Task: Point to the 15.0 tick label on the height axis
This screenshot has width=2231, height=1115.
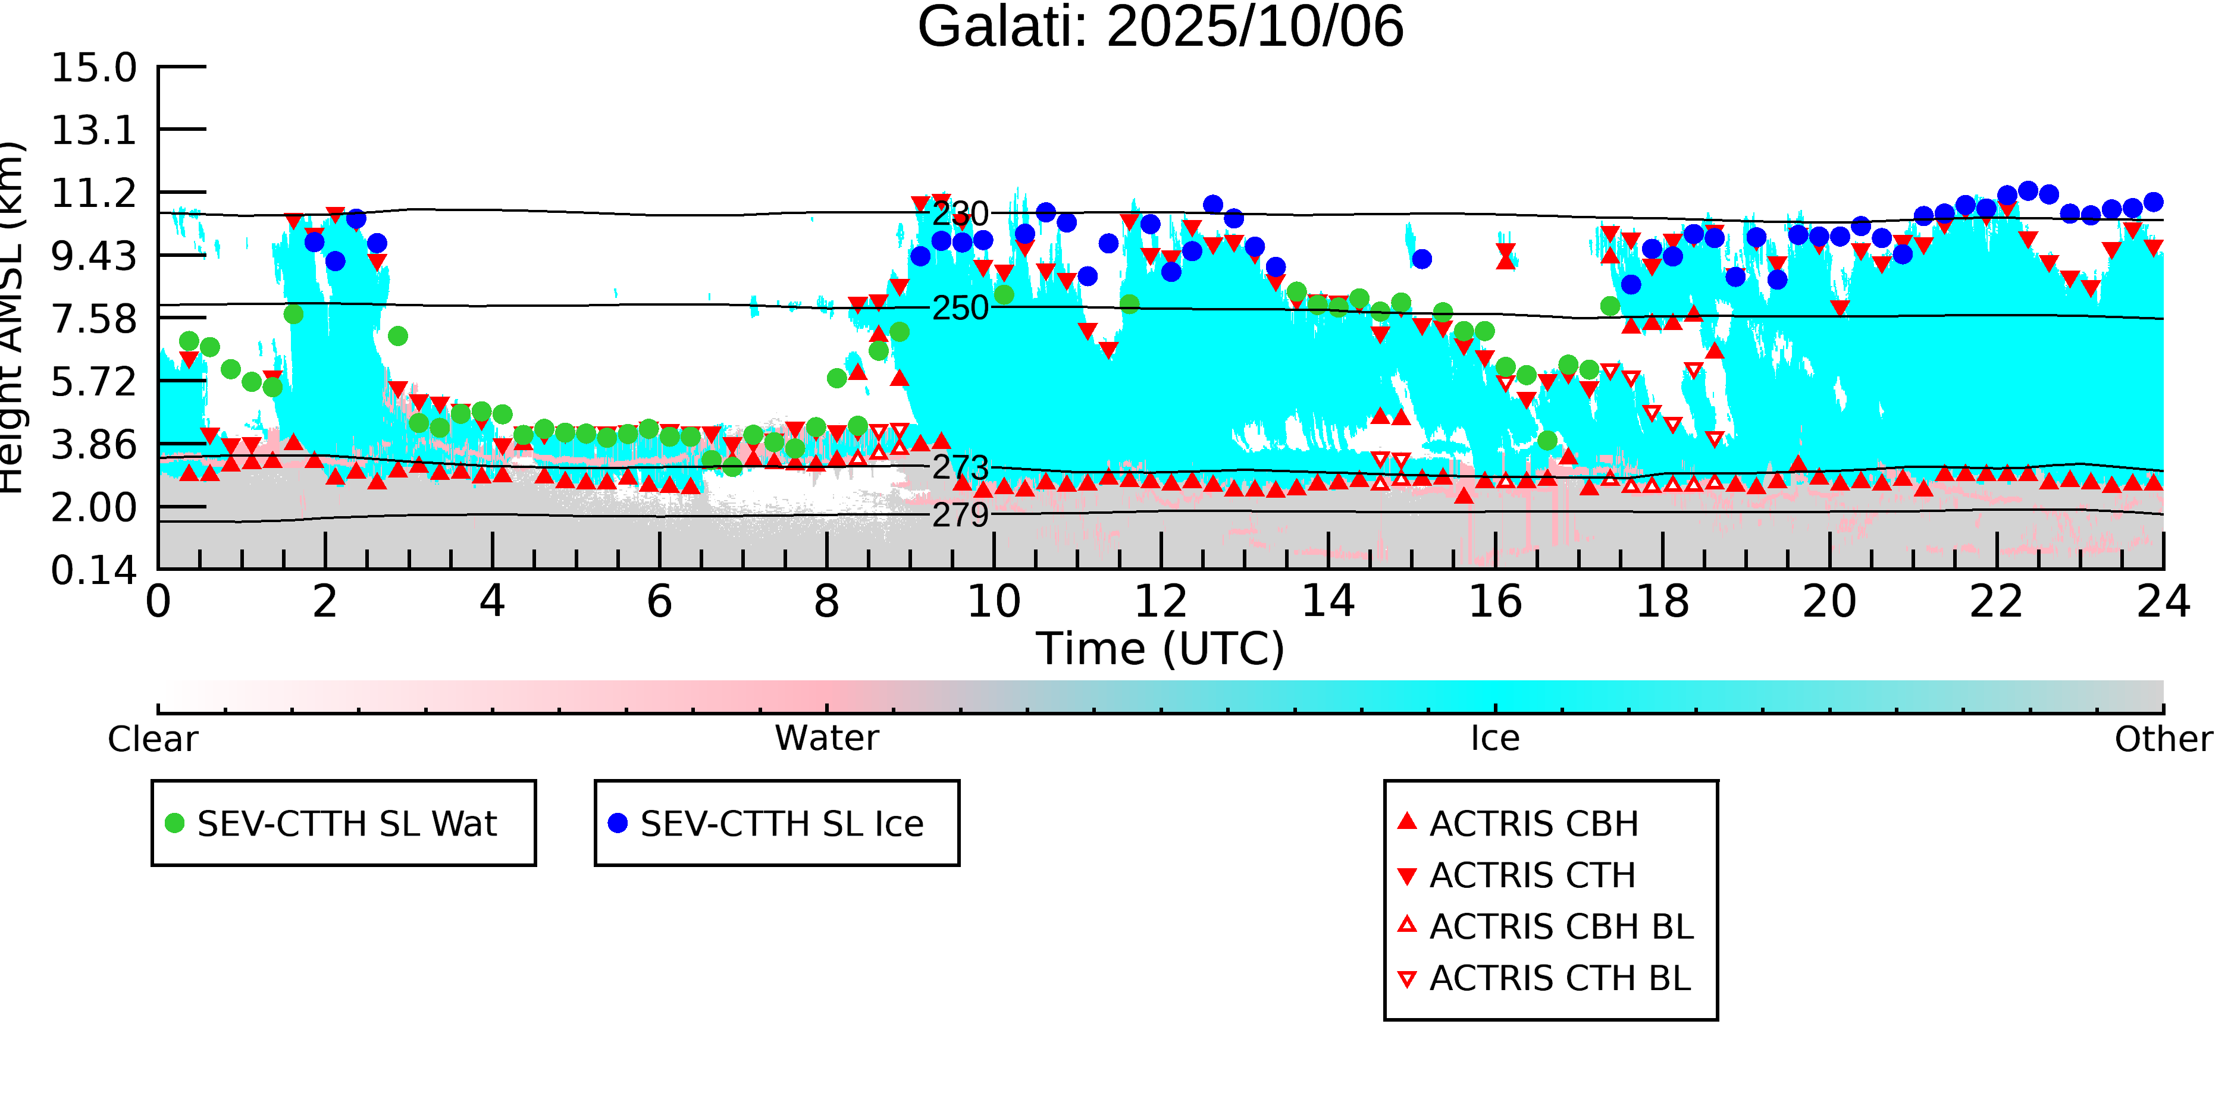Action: pyautogui.click(x=93, y=68)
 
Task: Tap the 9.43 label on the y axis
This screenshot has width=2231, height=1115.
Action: pyautogui.click(x=93, y=256)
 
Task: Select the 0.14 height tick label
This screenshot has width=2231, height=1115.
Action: pyautogui.click(x=93, y=570)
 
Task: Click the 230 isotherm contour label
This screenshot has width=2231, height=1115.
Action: pyautogui.click(x=960, y=214)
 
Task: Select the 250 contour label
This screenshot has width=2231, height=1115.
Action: pyautogui.click(x=960, y=308)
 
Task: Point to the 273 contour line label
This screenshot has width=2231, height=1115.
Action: pyautogui.click(x=960, y=467)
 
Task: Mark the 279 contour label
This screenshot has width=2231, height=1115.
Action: pyautogui.click(x=960, y=515)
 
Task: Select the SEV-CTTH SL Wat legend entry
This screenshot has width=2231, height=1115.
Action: pyautogui.click(x=346, y=823)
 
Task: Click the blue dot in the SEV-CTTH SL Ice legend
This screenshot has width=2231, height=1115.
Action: pyautogui.click(x=618, y=823)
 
